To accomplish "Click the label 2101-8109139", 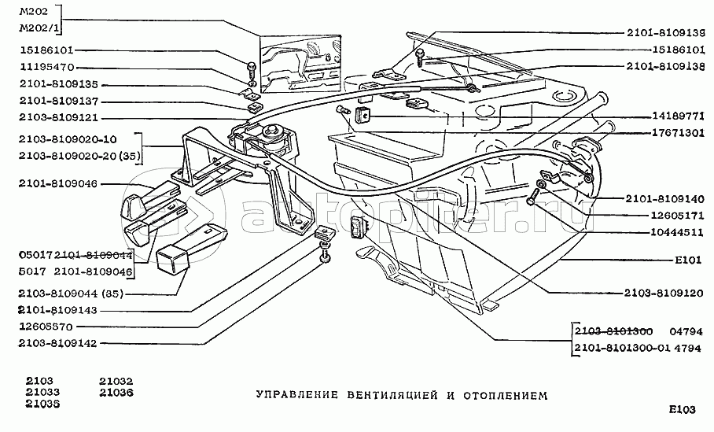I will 666,33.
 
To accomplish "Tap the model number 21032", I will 116,379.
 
